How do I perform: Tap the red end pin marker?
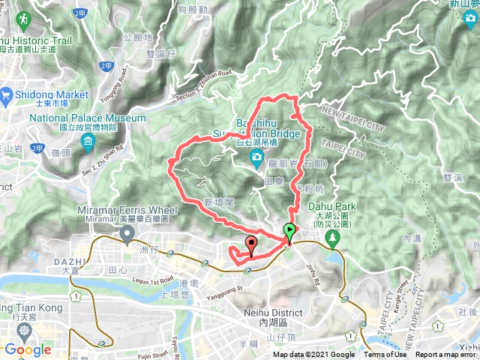pyautogui.click(x=250, y=244)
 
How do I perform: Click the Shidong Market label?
pyautogui.click(x=52, y=94)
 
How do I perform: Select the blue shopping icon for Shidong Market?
pyautogui.click(x=7, y=94)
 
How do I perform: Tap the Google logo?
pyautogui.click(x=27, y=349)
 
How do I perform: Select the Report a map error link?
pyautogui.click(x=447, y=355)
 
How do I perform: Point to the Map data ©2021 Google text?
pyautogui.click(x=313, y=355)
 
